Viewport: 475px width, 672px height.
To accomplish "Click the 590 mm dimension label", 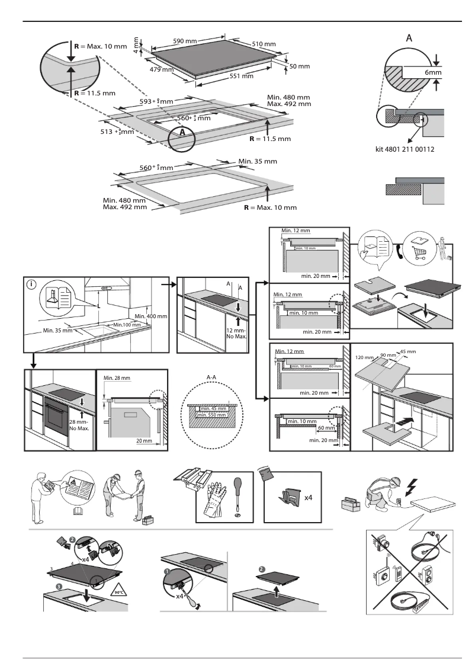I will coord(185,41).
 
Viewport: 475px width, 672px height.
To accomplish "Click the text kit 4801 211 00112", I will coord(405,149).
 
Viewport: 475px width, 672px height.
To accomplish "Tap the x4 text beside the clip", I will coord(309,498).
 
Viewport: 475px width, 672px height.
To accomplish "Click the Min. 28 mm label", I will coord(115,377).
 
